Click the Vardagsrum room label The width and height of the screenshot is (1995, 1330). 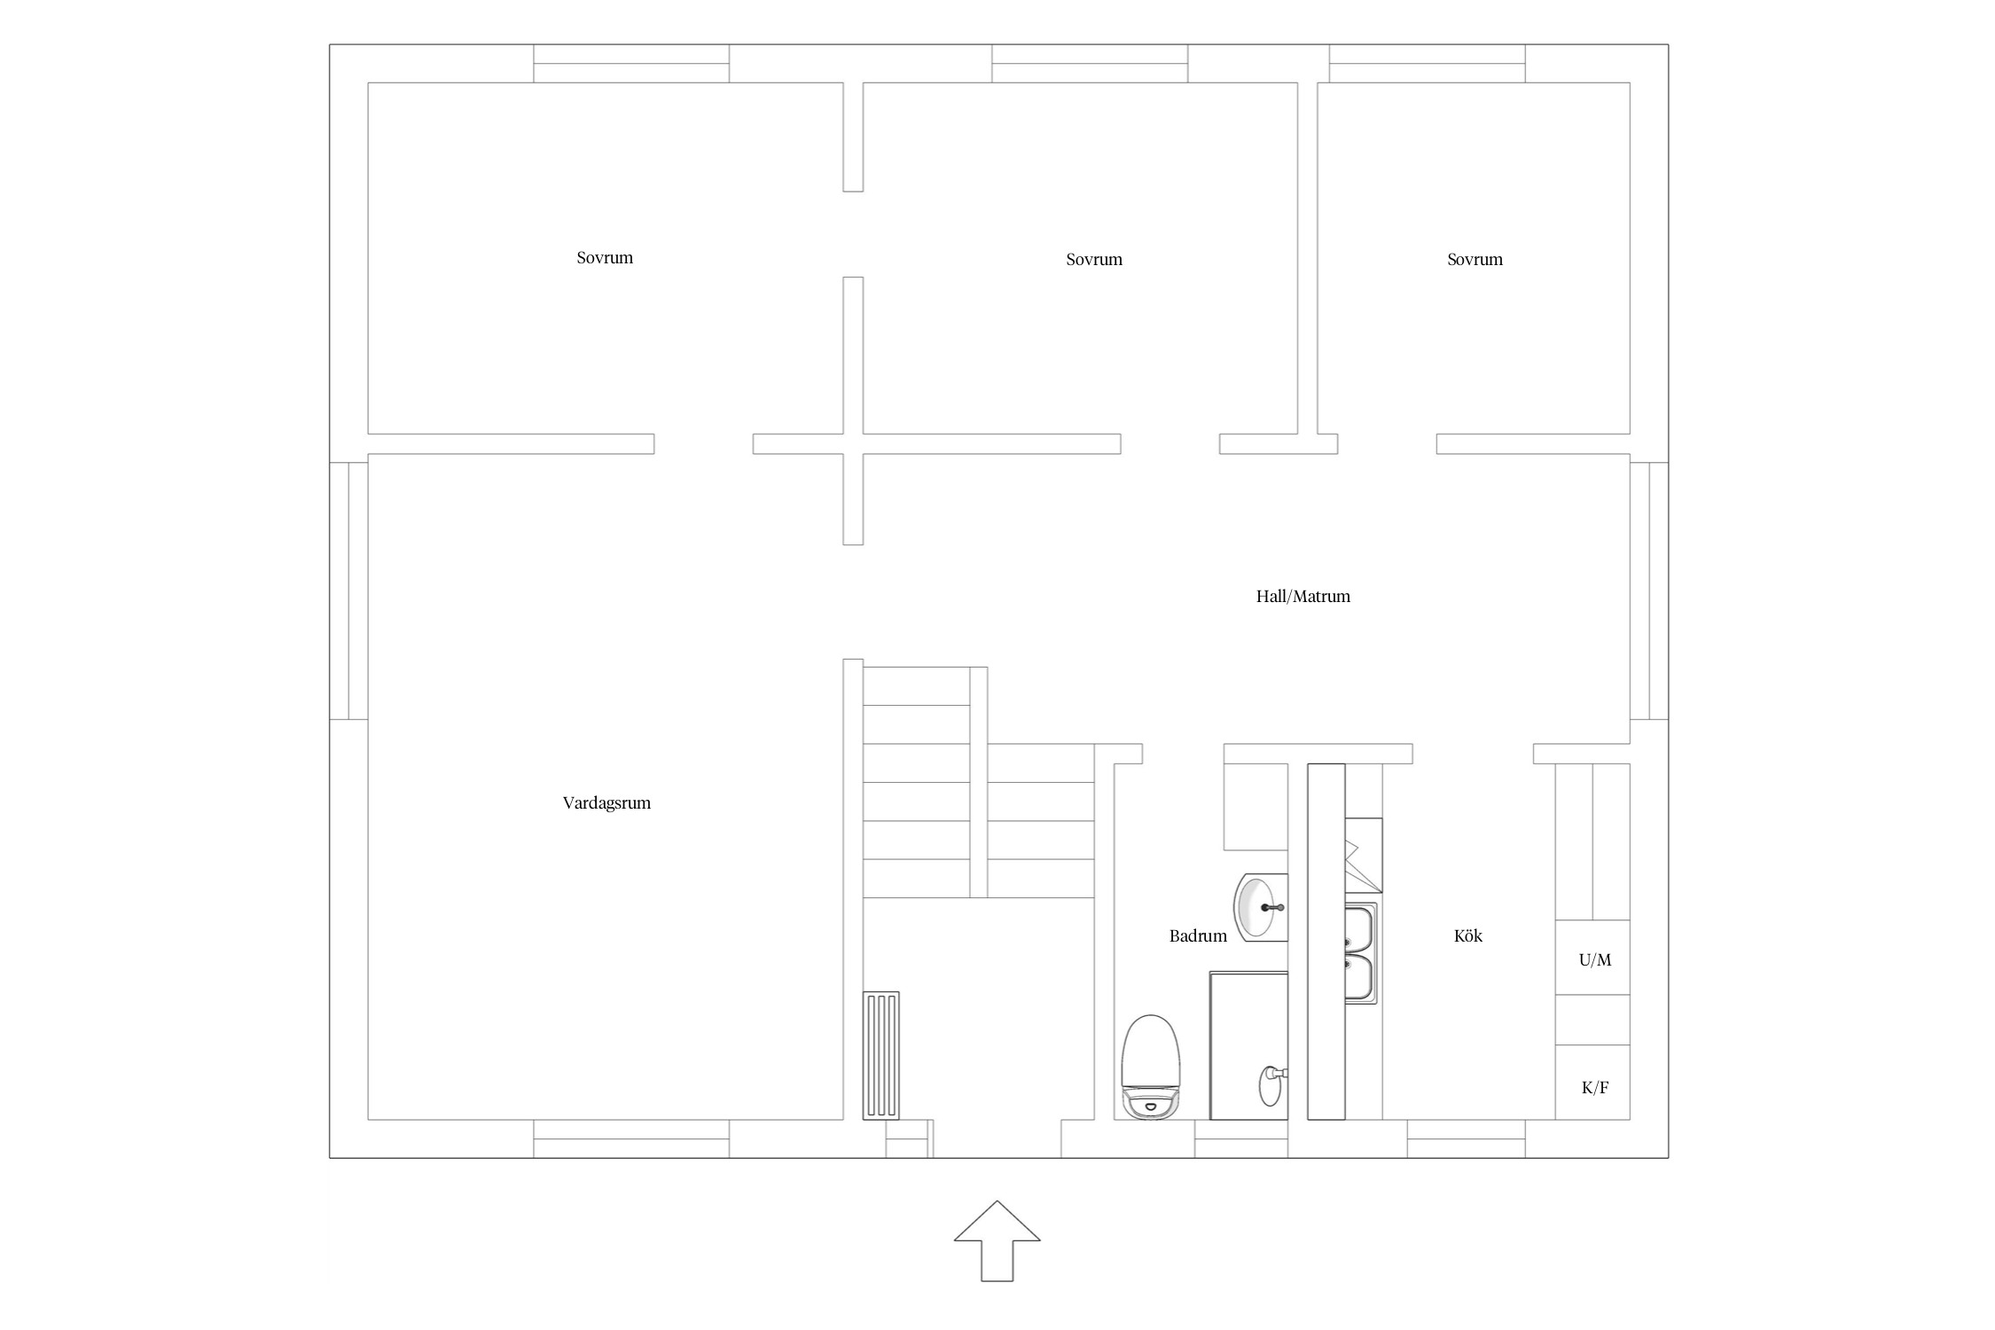point(606,803)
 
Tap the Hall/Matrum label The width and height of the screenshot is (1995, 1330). point(1303,596)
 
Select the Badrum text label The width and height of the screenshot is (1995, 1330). point(1198,935)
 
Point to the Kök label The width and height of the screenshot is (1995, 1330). point(1468,935)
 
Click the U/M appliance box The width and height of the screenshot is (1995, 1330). point(1592,958)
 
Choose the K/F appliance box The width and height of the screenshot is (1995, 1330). point(1592,1082)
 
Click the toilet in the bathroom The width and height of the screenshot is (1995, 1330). point(1151,1067)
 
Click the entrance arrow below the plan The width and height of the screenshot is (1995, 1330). point(997,1240)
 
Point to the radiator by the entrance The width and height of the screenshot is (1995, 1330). point(881,1055)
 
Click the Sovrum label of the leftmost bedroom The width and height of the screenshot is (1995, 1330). point(605,258)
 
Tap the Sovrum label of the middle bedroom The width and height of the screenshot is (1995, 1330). point(1094,260)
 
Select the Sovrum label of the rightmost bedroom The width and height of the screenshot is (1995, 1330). point(1475,260)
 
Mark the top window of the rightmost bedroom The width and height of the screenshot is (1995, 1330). point(1428,64)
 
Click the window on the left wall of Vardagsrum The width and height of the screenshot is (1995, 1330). point(348,591)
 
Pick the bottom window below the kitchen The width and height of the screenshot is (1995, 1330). point(1467,1139)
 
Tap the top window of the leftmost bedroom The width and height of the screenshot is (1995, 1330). point(631,64)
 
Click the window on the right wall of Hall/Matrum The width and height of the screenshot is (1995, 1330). point(1649,591)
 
